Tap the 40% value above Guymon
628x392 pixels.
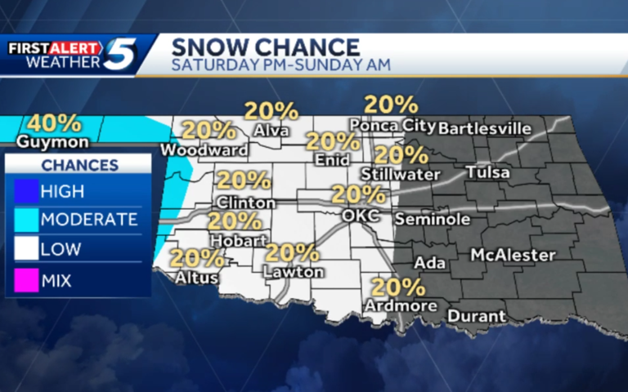pyautogui.click(x=55, y=123)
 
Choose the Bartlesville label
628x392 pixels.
pyautogui.click(x=485, y=129)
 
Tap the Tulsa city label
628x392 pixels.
pyautogui.click(x=487, y=173)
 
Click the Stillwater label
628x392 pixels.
pyautogui.click(x=401, y=174)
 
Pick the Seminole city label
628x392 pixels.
pyautogui.click(x=433, y=220)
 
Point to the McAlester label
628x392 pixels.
pyautogui.click(x=513, y=256)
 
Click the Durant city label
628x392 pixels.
pyautogui.click(x=477, y=315)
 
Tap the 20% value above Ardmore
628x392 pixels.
pyautogui.click(x=398, y=287)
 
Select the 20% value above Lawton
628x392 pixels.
pyautogui.click(x=292, y=253)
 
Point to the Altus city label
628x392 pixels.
pyautogui.click(x=197, y=278)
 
